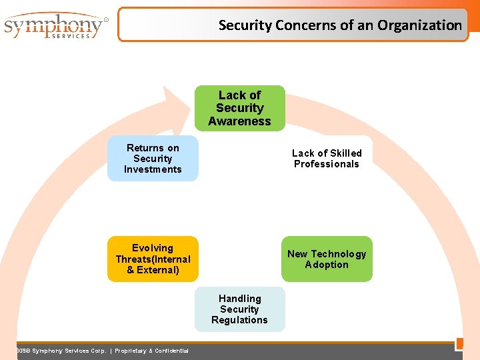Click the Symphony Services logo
point(55,27)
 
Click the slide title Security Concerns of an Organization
point(340,25)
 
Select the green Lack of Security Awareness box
point(240,108)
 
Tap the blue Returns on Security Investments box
point(153,159)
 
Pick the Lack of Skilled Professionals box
point(327,159)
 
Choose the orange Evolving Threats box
point(153,259)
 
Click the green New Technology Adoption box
point(327,259)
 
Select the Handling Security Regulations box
point(240,309)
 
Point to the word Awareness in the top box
point(240,121)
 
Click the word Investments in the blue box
point(153,169)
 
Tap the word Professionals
point(327,164)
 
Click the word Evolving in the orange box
point(153,248)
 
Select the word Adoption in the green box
point(327,265)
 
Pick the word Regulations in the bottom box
point(239,320)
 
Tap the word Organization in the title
point(419,25)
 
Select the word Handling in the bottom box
point(240,299)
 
